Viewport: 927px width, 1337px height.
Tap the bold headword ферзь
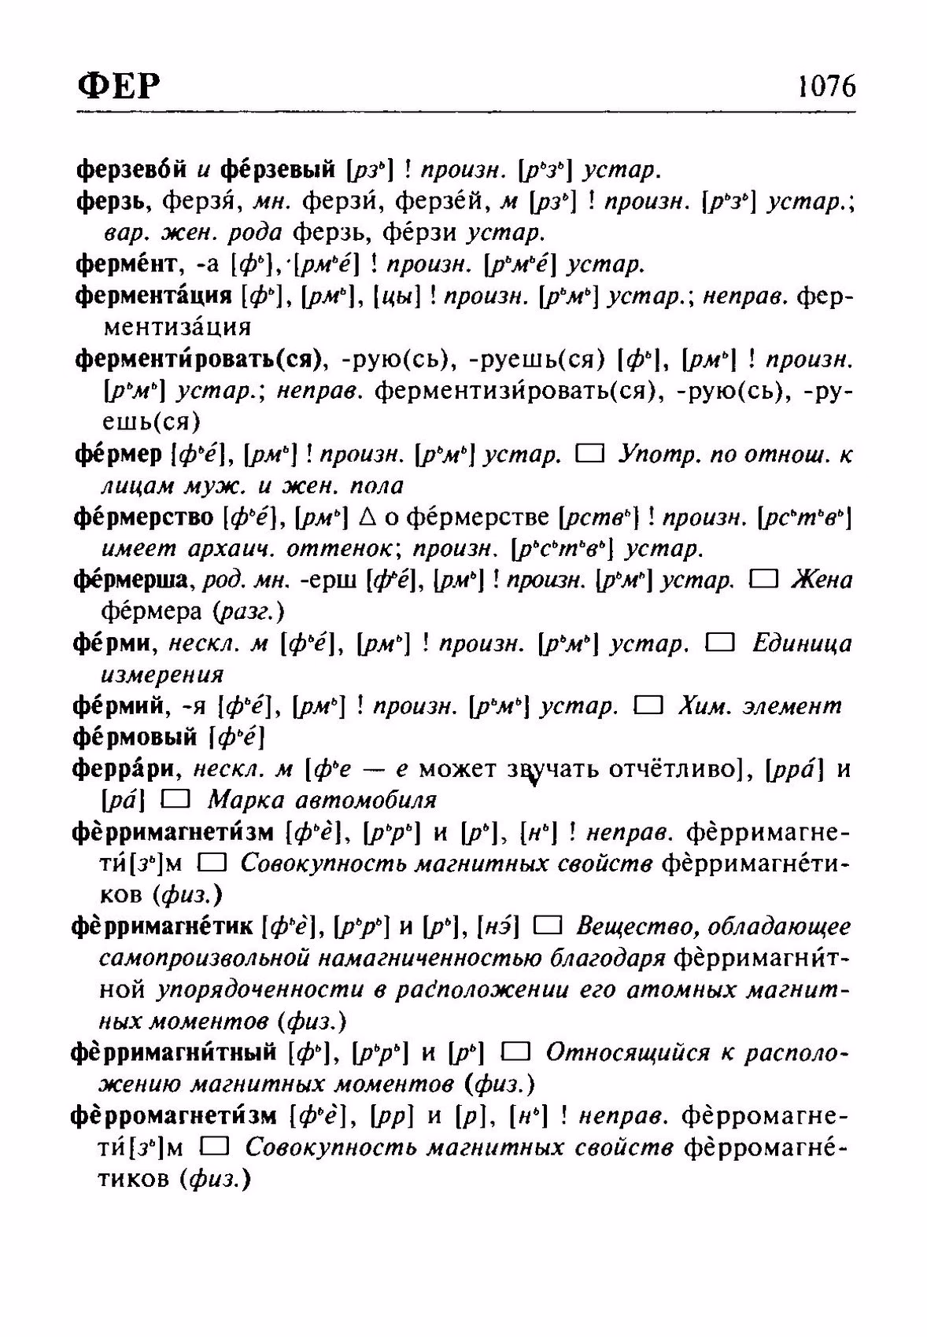click(x=115, y=202)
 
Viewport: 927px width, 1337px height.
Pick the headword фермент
click(x=127, y=264)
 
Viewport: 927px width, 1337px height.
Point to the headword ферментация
click(x=153, y=296)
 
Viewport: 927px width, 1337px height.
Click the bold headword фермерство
click(x=143, y=517)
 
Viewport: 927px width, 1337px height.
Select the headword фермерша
click(x=131, y=580)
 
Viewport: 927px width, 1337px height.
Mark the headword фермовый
click(x=135, y=737)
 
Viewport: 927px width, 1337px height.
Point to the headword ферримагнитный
click(x=173, y=1052)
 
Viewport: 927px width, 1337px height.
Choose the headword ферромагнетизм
click(x=173, y=1115)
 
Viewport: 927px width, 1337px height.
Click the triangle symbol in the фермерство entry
click(x=364, y=517)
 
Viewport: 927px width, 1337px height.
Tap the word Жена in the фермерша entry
click(x=822, y=580)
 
